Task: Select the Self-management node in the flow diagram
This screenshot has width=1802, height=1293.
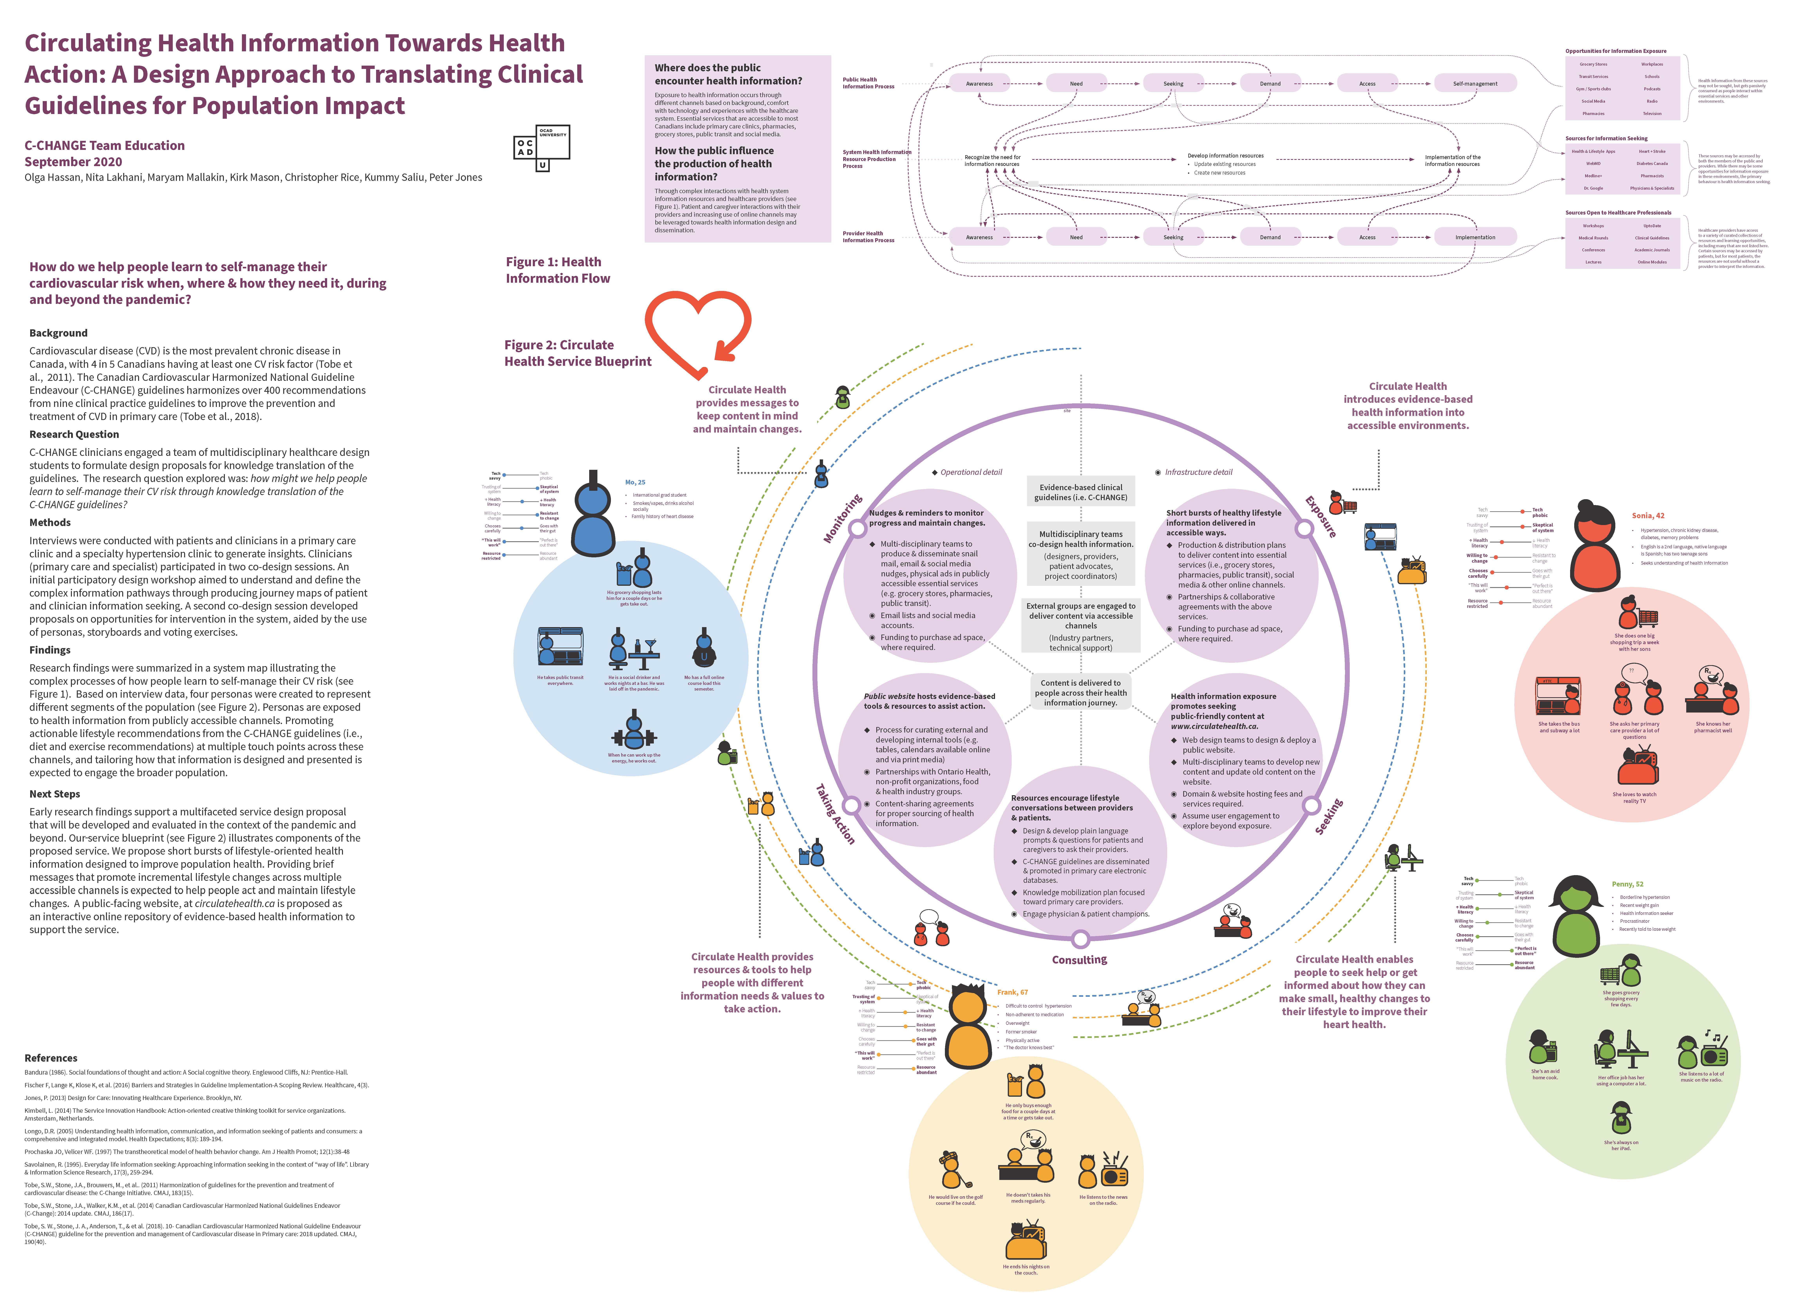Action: click(1475, 83)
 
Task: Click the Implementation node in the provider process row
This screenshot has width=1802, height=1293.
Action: click(1475, 237)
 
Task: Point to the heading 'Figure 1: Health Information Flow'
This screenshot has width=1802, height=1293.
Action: click(558, 270)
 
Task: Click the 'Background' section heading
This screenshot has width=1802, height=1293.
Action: click(58, 333)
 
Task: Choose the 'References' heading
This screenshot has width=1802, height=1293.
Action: click(51, 1058)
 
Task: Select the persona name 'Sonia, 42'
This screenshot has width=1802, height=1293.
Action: click(1648, 516)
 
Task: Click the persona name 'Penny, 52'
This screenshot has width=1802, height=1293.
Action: click(1627, 884)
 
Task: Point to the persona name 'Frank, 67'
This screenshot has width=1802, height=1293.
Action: click(1012, 992)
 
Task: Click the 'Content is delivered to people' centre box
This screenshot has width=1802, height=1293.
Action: click(1081, 692)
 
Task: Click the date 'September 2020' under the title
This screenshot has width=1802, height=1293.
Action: click(73, 161)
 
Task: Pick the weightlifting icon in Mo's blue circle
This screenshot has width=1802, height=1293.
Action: click(633, 731)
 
